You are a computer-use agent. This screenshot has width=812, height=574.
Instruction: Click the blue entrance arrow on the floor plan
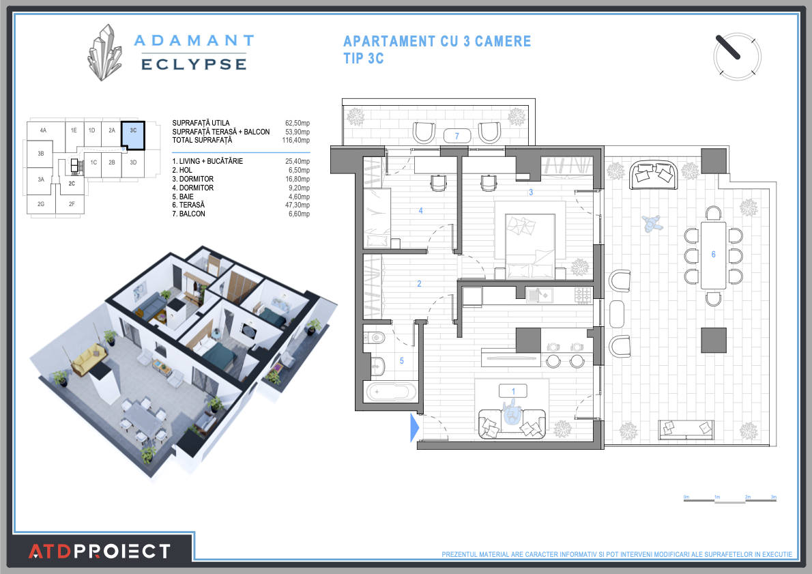pyautogui.click(x=414, y=428)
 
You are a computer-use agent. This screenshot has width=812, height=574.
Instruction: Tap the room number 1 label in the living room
pyautogui.click(x=514, y=391)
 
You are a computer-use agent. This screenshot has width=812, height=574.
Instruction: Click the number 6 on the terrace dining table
pyautogui.click(x=713, y=255)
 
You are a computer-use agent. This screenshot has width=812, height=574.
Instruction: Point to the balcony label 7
pyautogui.click(x=456, y=136)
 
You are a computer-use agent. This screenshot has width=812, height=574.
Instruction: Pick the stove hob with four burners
pyautogui.click(x=583, y=295)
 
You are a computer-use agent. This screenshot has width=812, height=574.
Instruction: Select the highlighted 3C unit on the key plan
pyautogui.click(x=133, y=136)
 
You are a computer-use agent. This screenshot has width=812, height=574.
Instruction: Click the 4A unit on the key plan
pyautogui.click(x=43, y=130)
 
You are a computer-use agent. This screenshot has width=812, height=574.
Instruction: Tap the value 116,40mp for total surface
pyautogui.click(x=298, y=141)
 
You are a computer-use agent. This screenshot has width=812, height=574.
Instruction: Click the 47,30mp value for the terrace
pyautogui.click(x=298, y=205)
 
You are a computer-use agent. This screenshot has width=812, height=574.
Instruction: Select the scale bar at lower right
pyautogui.click(x=730, y=501)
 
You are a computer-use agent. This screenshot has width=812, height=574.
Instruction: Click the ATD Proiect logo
pyautogui.click(x=100, y=551)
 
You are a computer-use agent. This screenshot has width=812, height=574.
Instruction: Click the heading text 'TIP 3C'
pyautogui.click(x=364, y=59)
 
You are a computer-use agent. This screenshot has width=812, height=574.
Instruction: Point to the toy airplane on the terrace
pyautogui.click(x=652, y=223)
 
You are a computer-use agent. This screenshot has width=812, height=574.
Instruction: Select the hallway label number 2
pyautogui.click(x=420, y=284)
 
